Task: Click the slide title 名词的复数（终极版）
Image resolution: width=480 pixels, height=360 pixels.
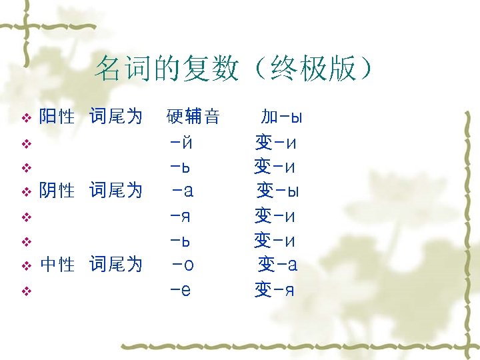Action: (x=234, y=69)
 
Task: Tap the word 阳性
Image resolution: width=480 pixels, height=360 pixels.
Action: (x=57, y=117)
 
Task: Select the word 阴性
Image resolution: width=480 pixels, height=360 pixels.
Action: (x=57, y=191)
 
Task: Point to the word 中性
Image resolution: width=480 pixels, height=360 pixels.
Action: (x=57, y=265)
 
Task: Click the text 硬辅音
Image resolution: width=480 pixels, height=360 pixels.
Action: (x=193, y=117)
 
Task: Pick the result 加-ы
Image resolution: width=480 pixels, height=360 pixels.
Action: (x=281, y=117)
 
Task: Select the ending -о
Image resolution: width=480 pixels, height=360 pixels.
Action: (x=183, y=265)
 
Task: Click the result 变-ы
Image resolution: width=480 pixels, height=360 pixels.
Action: (x=278, y=191)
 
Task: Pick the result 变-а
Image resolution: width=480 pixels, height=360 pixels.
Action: (x=278, y=265)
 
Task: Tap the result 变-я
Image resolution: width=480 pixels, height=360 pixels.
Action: (x=275, y=290)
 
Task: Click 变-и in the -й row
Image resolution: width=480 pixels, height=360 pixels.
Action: (x=275, y=142)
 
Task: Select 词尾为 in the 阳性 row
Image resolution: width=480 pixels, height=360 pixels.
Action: (x=116, y=117)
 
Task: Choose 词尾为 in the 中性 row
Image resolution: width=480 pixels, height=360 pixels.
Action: (x=116, y=265)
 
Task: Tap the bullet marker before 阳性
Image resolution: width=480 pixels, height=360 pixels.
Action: (x=27, y=119)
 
